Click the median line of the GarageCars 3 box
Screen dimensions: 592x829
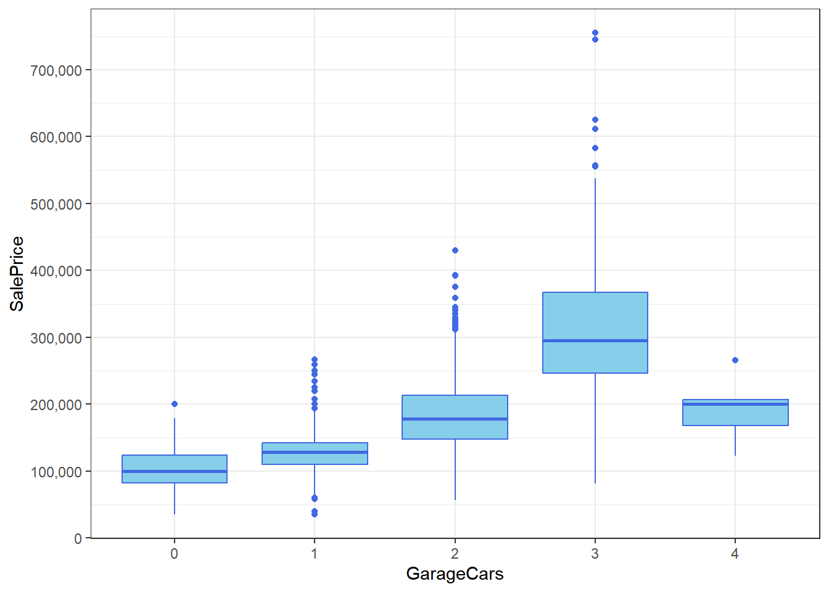click(x=595, y=340)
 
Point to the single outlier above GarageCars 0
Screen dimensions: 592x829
click(x=175, y=404)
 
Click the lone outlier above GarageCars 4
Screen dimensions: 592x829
click(x=735, y=360)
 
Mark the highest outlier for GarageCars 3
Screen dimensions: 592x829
click(x=595, y=33)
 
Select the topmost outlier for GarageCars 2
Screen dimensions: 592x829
click(x=455, y=250)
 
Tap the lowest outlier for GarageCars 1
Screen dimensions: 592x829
click(x=315, y=514)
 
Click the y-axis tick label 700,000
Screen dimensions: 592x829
click(x=56, y=70)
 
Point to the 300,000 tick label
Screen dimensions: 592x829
click(x=56, y=338)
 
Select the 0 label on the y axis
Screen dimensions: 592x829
click(x=78, y=538)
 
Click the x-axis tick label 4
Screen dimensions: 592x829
click(x=735, y=554)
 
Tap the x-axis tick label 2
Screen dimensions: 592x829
click(x=455, y=554)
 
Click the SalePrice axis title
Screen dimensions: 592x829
click(x=17, y=274)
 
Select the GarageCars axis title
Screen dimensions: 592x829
click(x=455, y=574)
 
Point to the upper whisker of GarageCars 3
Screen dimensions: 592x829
click(x=595, y=234)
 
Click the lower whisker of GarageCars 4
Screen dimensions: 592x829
click(x=735, y=441)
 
